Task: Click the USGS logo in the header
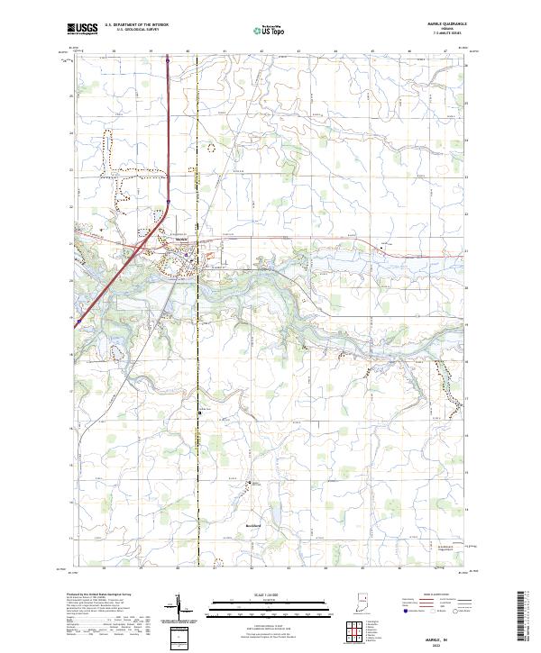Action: coord(83,29)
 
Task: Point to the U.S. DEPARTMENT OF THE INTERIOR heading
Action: coord(134,26)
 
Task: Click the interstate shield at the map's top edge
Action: coord(167,61)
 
